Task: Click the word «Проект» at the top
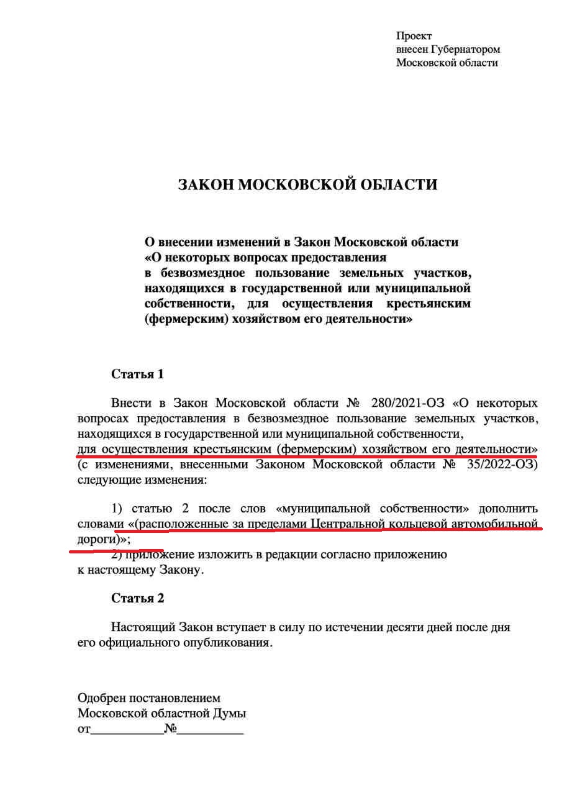coord(414,36)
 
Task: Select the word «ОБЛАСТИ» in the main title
coord(404,185)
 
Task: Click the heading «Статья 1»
coord(137,374)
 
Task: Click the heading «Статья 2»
coord(137,598)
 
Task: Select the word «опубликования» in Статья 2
coord(229,643)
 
